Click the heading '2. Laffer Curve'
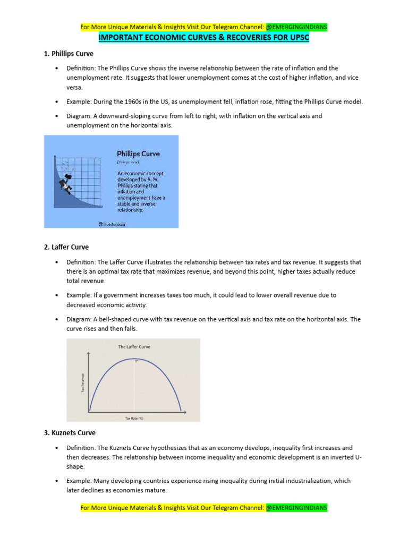click(66, 247)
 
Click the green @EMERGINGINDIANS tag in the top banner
click(296, 27)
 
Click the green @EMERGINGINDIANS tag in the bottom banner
click(296, 508)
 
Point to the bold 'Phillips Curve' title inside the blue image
click(138, 154)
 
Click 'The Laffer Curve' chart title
click(134, 347)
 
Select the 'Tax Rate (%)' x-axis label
click(134, 418)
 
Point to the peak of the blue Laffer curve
click(134, 359)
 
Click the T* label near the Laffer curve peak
click(137, 362)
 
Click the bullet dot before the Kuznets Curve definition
click(56, 448)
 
